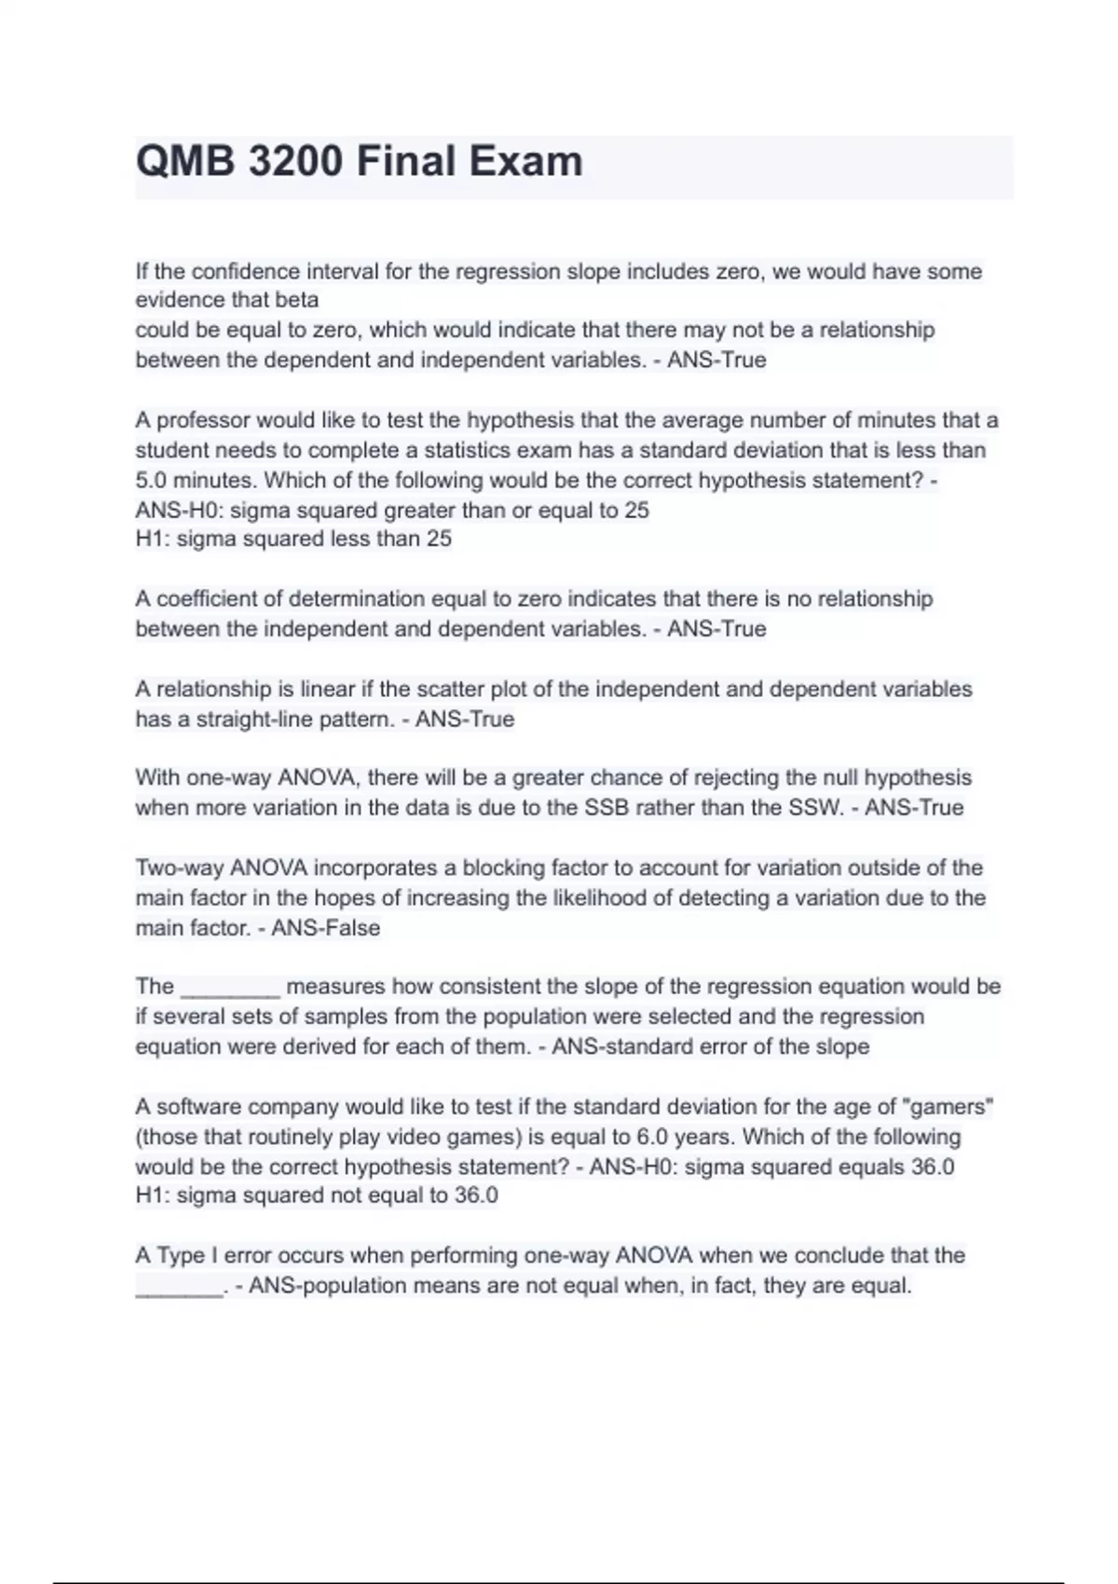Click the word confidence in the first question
click(x=245, y=271)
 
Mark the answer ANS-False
click(x=325, y=928)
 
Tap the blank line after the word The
click(x=230, y=988)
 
